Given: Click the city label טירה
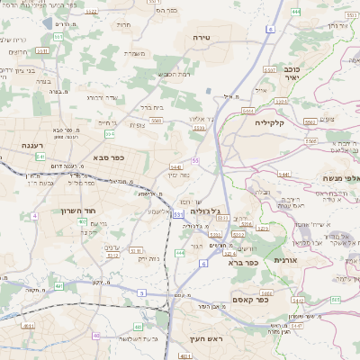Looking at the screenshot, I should [x=200, y=37].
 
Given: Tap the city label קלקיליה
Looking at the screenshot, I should [x=268, y=121].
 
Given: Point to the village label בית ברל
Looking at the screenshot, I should [x=150, y=107].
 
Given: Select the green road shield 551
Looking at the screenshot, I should [x=58, y=37].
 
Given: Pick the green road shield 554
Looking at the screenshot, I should [x=109, y=133].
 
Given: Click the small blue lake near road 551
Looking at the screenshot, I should [x=210, y=91].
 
